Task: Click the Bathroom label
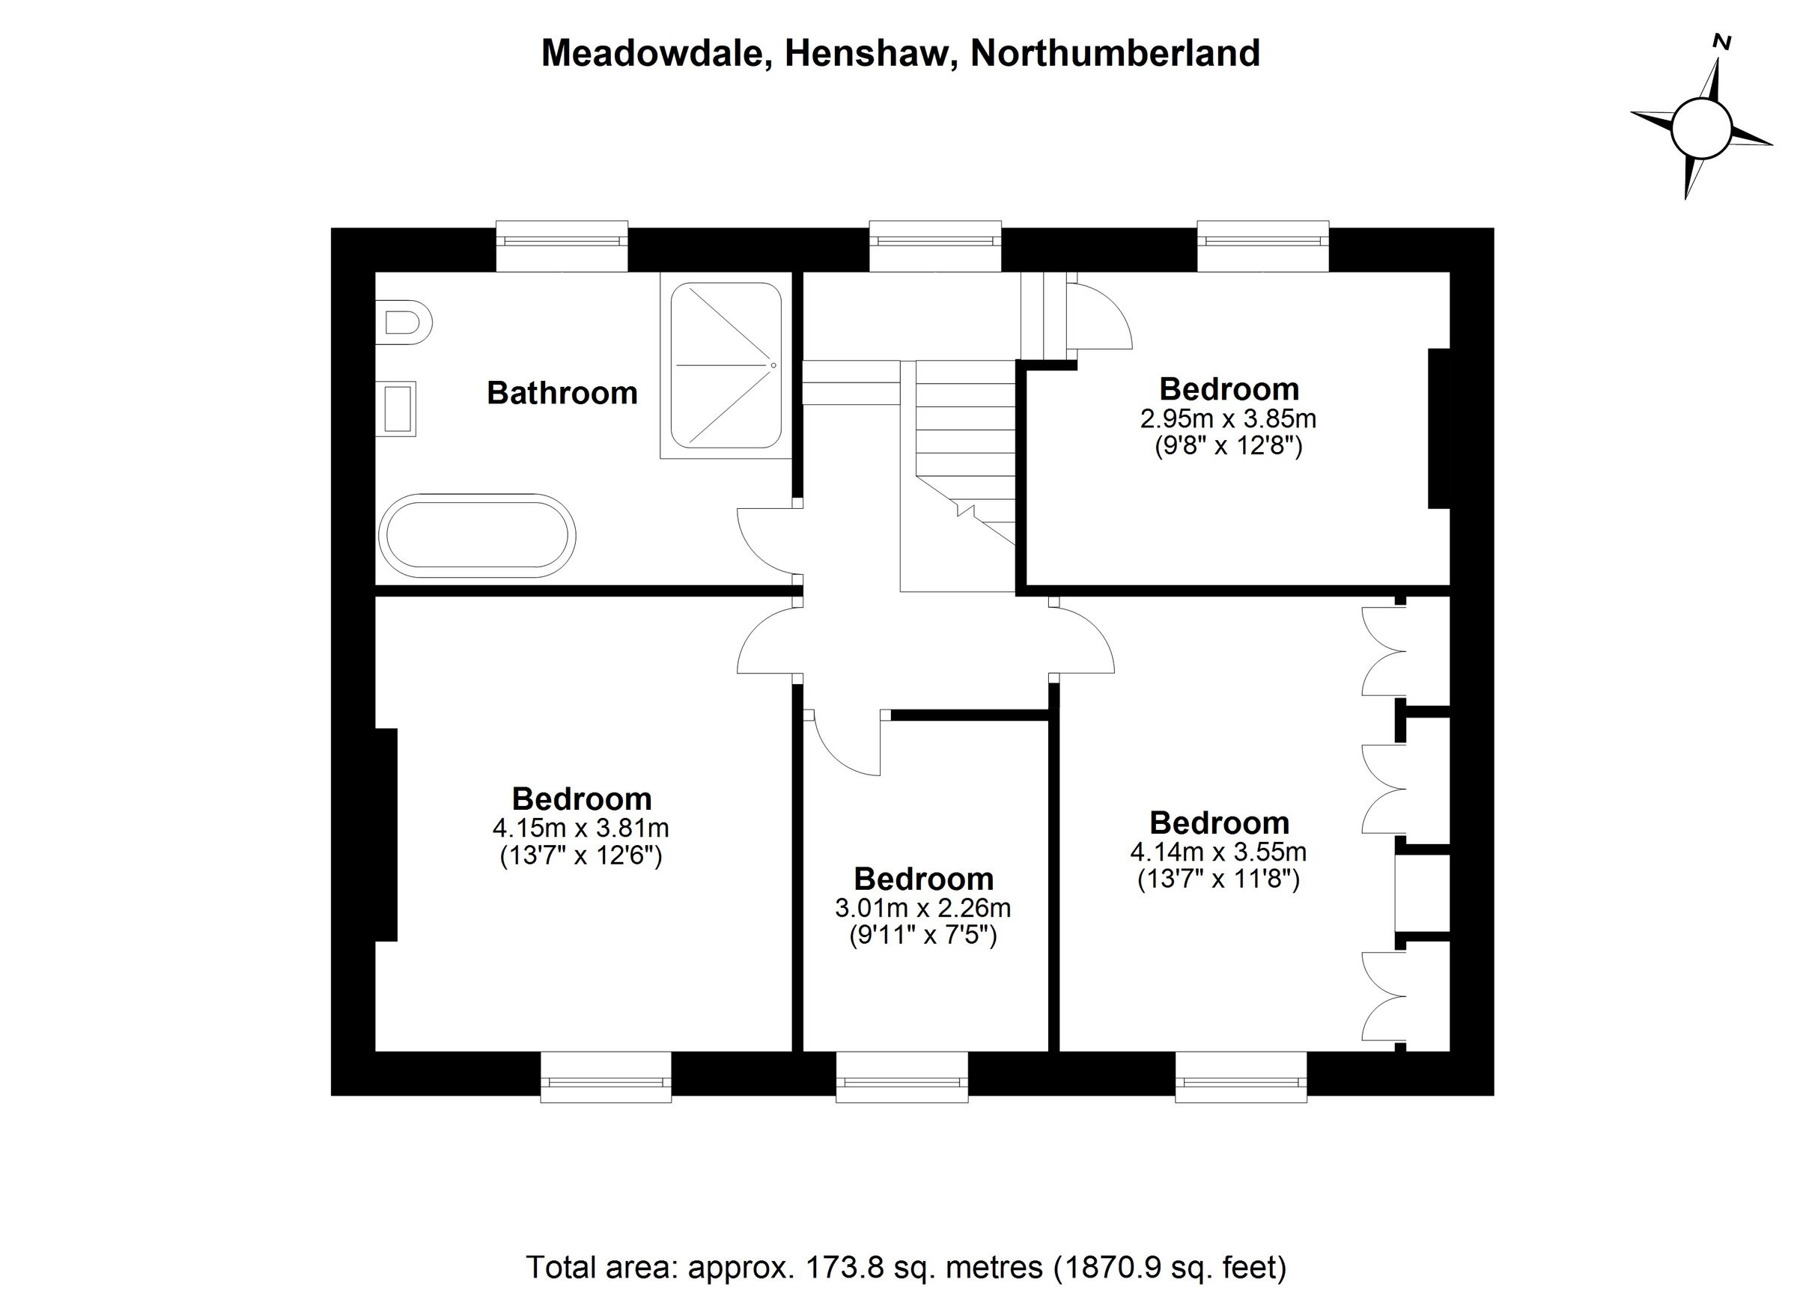[x=562, y=393]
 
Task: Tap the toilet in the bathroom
[x=407, y=323]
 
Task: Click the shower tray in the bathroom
[x=726, y=366]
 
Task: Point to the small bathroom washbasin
[x=398, y=409]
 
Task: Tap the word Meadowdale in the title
[x=656, y=53]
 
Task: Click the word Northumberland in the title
[x=1115, y=53]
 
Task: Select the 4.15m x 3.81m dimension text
[x=581, y=829]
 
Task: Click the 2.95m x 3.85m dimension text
[x=1228, y=418]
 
